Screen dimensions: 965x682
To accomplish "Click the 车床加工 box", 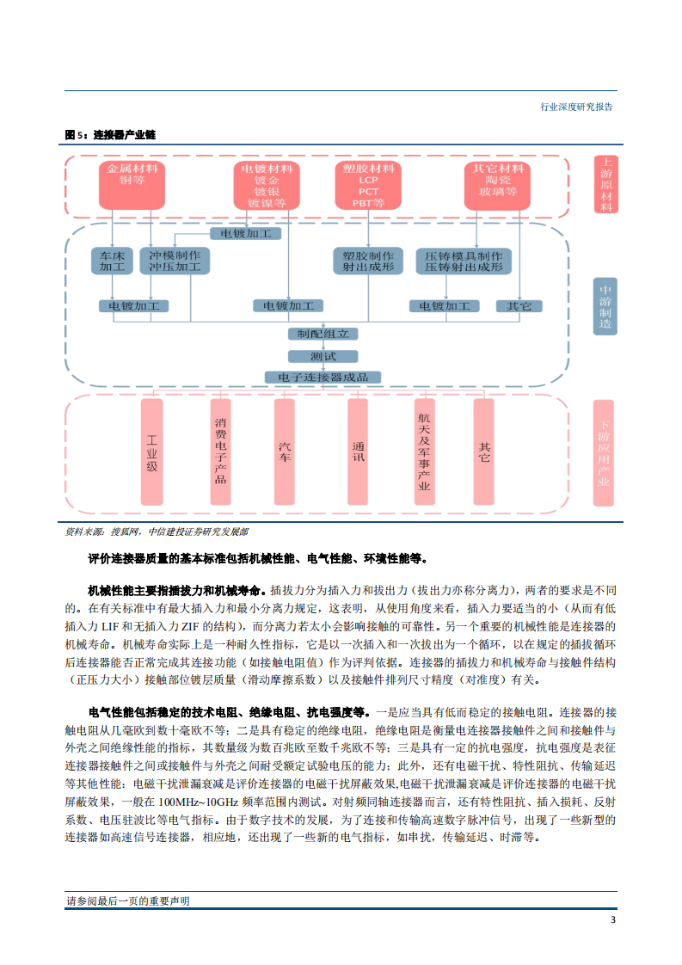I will tap(113, 261).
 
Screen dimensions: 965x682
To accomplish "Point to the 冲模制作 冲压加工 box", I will tap(175, 261).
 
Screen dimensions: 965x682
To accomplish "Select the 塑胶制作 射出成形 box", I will tap(367, 261).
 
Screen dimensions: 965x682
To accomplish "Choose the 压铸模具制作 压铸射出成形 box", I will tap(464, 261).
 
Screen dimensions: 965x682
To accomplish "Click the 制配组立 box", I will tap(322, 334).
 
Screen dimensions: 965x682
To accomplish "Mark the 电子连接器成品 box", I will tap(323, 377).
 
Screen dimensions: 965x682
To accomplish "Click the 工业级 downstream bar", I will tap(151, 452).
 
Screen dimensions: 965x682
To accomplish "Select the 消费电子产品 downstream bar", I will tap(220, 452).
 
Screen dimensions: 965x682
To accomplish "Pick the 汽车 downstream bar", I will tap(285, 452).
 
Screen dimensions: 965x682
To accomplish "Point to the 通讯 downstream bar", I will tap(359, 452).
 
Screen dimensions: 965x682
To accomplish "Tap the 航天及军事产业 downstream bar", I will tap(425, 452).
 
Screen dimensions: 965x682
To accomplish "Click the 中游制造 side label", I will tap(605, 306).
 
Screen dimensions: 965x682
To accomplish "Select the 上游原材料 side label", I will tap(605, 186).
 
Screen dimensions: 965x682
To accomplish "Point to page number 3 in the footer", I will tap(612, 920).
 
